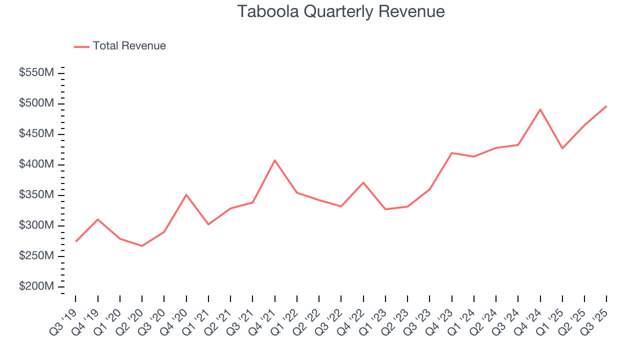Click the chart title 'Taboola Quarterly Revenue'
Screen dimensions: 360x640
(341, 11)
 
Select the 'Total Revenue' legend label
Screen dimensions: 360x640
(129, 46)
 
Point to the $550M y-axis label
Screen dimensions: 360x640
(36, 73)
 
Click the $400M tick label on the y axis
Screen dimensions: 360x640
(36, 165)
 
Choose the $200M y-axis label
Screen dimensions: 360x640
(36, 287)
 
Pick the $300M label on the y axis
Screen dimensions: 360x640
(36, 226)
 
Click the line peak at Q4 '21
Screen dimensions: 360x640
(274, 160)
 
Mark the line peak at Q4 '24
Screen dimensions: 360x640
(540, 109)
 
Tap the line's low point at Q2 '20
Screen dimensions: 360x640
(142, 246)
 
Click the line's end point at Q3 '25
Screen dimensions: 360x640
(606, 106)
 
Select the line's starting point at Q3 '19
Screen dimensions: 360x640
(76, 241)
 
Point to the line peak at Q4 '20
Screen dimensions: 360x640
(186, 194)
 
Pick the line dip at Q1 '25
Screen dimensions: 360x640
(562, 148)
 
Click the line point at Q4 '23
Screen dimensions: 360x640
(451, 153)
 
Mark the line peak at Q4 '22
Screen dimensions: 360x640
(363, 182)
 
